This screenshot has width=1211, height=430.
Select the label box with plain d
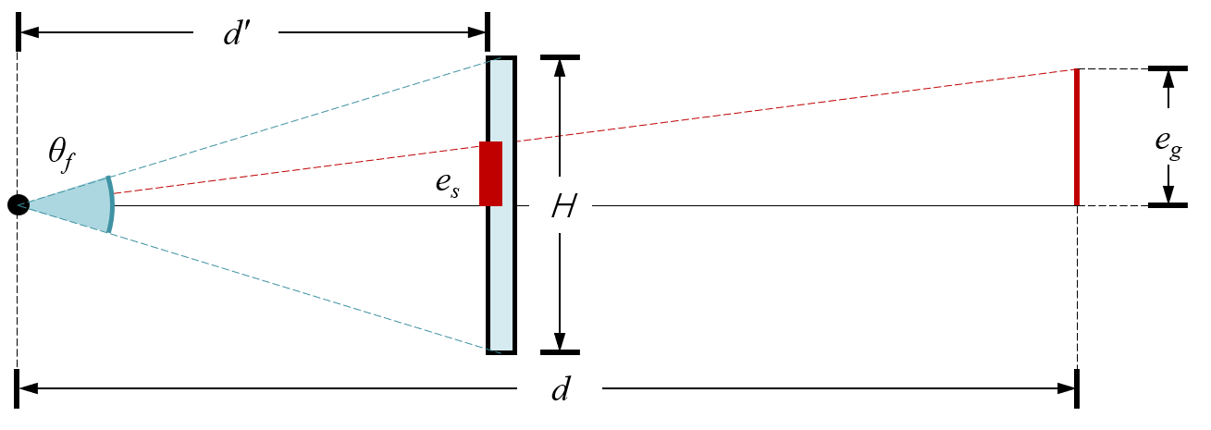(x=560, y=388)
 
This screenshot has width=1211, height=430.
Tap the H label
(x=561, y=206)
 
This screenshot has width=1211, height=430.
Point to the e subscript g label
(x=1168, y=137)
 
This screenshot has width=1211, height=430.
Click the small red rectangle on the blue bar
(x=490, y=174)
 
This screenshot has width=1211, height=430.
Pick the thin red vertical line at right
(x=1077, y=139)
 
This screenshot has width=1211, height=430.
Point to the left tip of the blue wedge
(x=22, y=204)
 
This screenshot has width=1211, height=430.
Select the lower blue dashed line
(x=305, y=291)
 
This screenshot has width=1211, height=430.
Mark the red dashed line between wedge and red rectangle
(x=296, y=167)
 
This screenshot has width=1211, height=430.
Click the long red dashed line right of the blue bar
(x=796, y=105)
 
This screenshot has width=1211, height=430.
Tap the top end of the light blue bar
(x=501, y=63)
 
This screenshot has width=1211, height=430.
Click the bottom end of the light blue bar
(x=501, y=348)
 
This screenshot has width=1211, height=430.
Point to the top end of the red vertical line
(x=1076, y=70)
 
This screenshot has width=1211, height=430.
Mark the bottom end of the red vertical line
(x=1077, y=203)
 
